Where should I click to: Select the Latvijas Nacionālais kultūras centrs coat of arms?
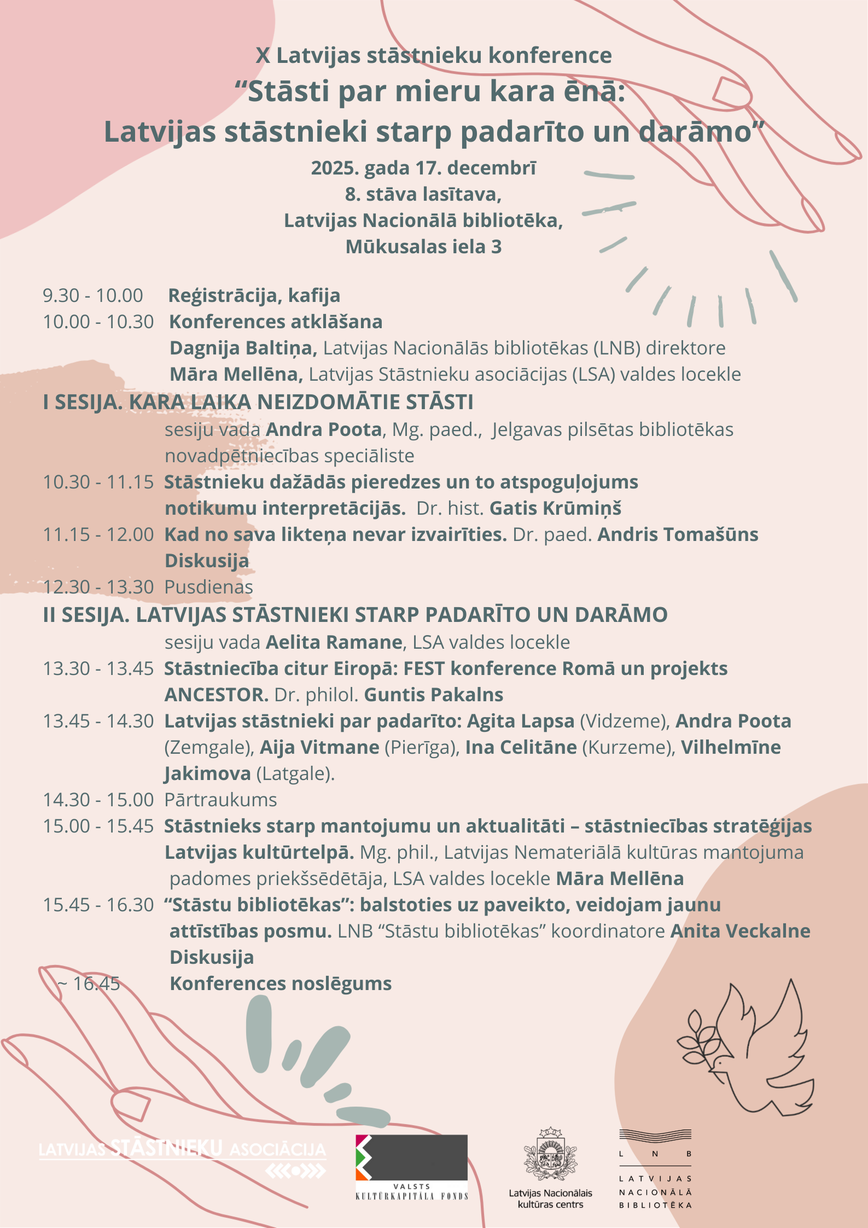(550, 1154)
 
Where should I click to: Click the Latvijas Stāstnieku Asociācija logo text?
(182, 1149)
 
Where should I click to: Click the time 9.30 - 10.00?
(93, 295)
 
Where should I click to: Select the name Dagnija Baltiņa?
(241, 348)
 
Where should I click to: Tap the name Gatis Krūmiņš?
(555, 508)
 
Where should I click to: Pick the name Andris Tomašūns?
(678, 534)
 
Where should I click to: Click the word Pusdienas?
(208, 587)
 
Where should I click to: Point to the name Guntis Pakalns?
(434, 695)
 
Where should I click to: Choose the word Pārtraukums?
(220, 800)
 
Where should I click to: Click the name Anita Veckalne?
(741, 931)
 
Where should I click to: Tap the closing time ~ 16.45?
(89, 983)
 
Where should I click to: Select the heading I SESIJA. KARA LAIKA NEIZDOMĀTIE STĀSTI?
(258, 402)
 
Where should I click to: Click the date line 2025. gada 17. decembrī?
(423, 168)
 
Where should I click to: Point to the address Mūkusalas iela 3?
(423, 247)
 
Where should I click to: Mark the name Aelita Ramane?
(334, 642)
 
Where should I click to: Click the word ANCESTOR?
(216, 695)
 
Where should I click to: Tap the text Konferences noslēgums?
(281, 983)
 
